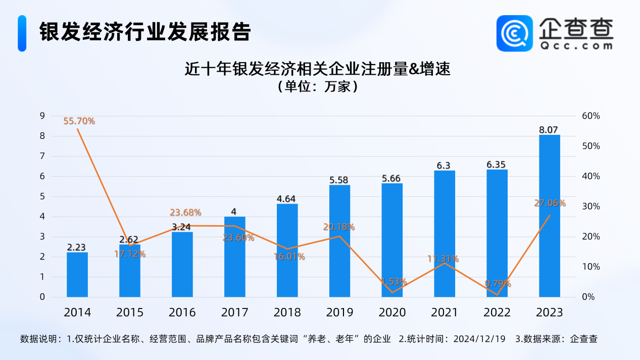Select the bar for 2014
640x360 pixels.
click(77, 275)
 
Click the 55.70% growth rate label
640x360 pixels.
click(79, 121)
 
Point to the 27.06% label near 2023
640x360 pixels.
click(550, 203)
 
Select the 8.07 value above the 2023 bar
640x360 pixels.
click(549, 130)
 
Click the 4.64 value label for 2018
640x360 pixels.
click(287, 199)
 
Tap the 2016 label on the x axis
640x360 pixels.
click(182, 313)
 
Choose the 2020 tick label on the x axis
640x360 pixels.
click(392, 313)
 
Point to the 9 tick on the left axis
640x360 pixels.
click(42, 116)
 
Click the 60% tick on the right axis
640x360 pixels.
click(590, 116)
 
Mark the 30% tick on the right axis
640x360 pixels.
click(590, 207)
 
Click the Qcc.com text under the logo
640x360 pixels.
click(576, 45)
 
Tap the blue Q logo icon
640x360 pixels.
click(514, 33)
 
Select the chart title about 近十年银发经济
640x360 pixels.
click(317, 69)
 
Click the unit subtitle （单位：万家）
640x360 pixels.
click(317, 87)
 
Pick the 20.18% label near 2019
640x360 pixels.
click(339, 227)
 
